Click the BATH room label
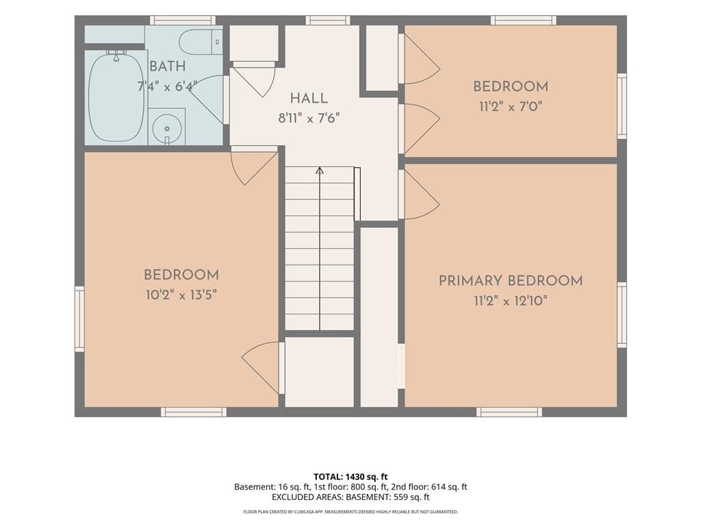click(x=167, y=66)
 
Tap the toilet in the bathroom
click(x=201, y=42)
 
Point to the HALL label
click(x=309, y=99)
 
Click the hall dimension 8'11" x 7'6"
click(x=309, y=118)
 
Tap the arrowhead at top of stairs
click(x=320, y=171)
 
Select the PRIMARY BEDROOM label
click(x=511, y=281)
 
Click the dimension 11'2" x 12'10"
click(x=511, y=301)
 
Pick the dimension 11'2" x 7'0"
click(x=511, y=106)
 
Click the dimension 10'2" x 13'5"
click(x=181, y=295)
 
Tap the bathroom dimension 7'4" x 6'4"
click(x=167, y=86)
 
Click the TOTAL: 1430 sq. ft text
click(x=350, y=477)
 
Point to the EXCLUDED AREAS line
click(x=350, y=497)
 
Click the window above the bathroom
click(x=182, y=20)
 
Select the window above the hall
click(x=328, y=20)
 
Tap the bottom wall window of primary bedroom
click(x=509, y=412)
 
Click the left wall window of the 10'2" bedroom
click(x=79, y=319)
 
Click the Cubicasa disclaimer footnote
click(x=350, y=512)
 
